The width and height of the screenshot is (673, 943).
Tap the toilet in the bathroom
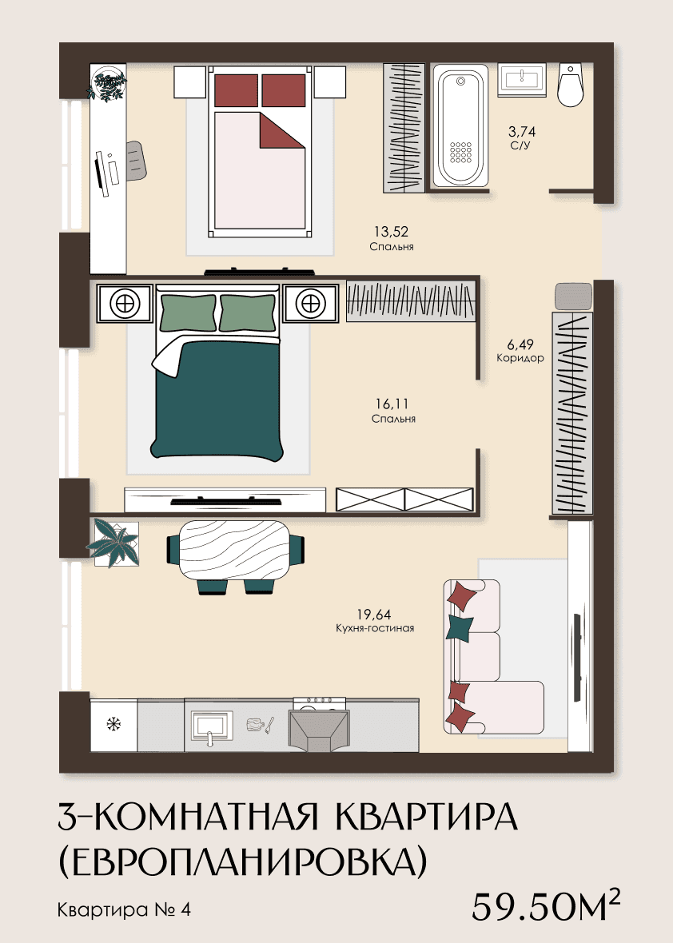pos(570,85)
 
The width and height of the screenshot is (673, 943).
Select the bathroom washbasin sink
pos(522,80)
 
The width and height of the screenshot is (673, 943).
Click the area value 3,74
pos(521,131)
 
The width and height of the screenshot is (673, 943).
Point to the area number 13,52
pos(391,232)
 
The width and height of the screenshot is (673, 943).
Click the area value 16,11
pos(392,404)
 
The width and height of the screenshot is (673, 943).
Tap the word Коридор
pos(520,358)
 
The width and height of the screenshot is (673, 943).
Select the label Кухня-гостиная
pos(375,628)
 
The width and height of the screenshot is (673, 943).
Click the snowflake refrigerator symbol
pos(113,724)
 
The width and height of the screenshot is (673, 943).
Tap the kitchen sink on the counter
pos(211,726)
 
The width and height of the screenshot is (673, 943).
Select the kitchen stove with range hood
pos(320,725)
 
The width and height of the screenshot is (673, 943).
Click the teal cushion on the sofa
pos(460,627)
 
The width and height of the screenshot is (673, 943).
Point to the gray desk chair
pos(137,161)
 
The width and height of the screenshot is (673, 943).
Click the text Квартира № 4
pos(124,909)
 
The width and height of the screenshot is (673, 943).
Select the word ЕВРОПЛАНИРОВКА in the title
pos(242,862)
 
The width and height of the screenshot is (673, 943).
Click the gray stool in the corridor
pos(573,296)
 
